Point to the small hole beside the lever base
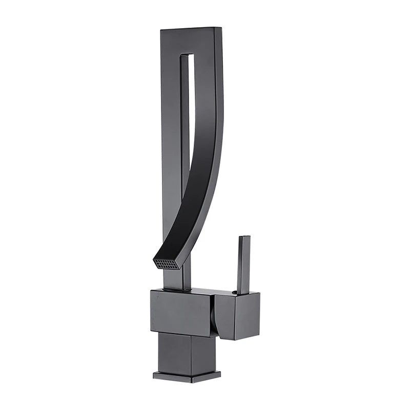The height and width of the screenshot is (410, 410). coord(235,292)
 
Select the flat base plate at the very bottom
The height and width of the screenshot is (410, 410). coord(187,376)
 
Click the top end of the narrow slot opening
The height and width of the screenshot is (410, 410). coord(187,55)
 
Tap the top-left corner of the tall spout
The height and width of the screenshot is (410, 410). coord(161,31)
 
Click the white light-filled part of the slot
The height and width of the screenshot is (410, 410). coord(186,102)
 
